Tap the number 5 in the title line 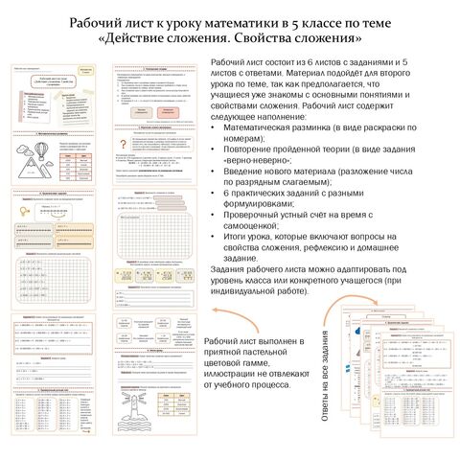point(320,22)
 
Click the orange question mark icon point(122,143)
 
